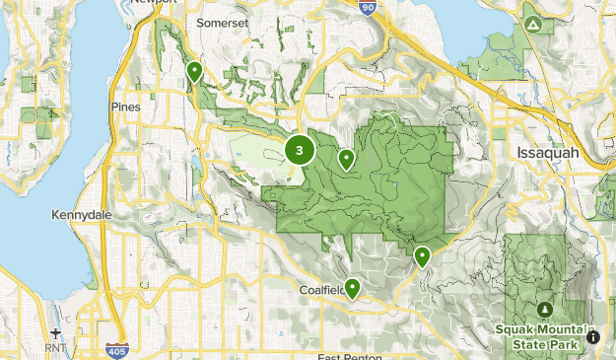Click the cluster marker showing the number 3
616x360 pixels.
(x=300, y=151)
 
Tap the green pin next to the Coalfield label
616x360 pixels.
(x=352, y=287)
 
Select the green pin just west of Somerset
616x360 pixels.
(x=195, y=71)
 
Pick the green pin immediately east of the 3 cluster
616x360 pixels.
(x=346, y=158)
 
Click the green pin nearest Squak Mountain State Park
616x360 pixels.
(x=422, y=256)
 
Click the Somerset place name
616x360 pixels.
(x=224, y=21)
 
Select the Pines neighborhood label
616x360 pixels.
(x=126, y=107)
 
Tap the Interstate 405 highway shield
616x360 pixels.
(x=115, y=350)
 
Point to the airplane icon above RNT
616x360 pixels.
(x=55, y=332)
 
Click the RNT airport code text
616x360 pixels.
(x=55, y=348)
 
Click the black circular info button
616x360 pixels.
(x=594, y=336)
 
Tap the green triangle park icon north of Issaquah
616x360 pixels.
(x=533, y=23)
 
